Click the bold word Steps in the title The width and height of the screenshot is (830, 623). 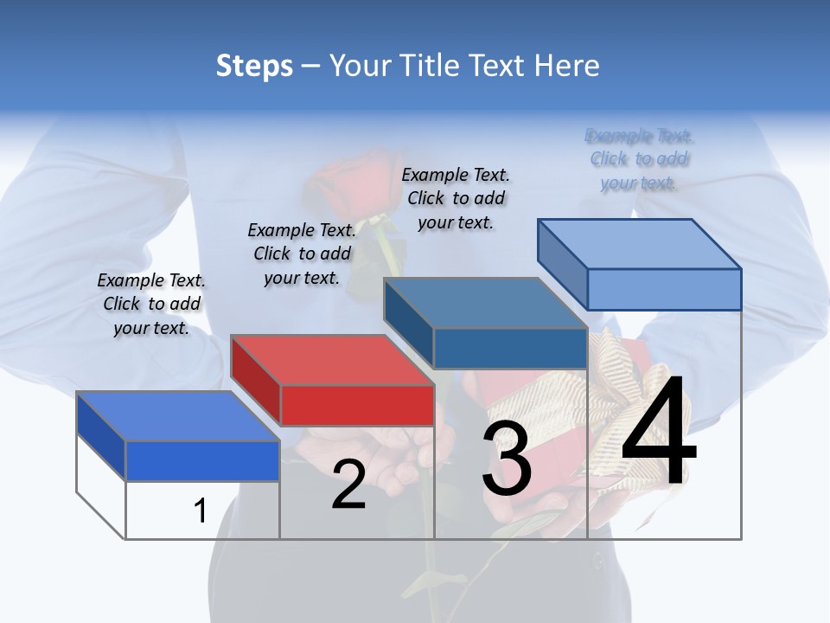254,66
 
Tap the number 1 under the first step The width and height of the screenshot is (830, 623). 201,511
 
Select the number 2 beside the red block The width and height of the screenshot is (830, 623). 348,485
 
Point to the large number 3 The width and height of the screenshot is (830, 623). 507,459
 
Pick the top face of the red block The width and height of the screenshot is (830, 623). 332,359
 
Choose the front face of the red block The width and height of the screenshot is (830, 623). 357,405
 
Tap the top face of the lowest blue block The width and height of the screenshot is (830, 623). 177,415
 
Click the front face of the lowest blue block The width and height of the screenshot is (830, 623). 202,460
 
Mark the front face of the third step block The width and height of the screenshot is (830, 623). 510,348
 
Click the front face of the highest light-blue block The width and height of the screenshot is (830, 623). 664,289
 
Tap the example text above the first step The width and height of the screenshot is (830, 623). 151,305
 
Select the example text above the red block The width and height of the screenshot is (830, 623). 302,254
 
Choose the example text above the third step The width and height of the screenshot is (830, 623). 456,198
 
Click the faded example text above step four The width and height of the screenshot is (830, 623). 639,159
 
